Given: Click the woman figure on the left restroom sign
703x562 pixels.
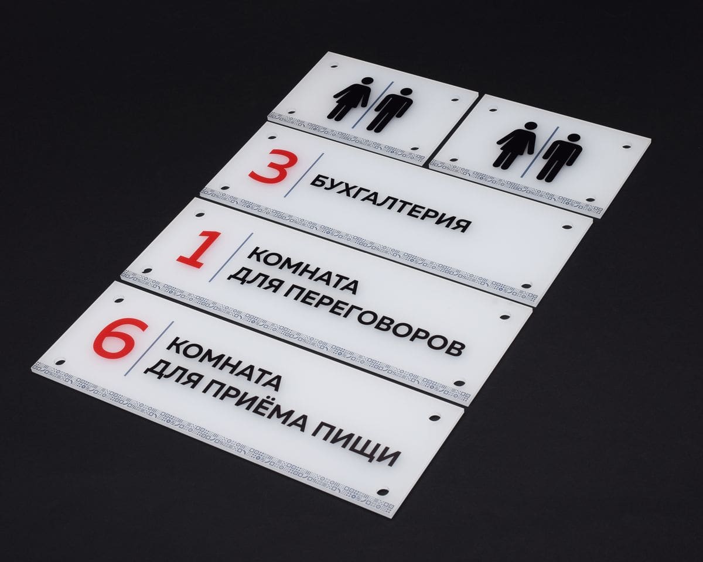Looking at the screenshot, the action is click(x=353, y=99).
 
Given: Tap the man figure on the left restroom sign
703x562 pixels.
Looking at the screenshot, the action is click(x=390, y=109).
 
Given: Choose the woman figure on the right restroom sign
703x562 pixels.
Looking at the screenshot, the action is click(x=516, y=146).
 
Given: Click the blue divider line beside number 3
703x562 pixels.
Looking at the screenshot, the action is click(x=304, y=175).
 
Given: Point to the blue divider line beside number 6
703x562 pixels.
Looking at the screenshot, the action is click(x=149, y=349).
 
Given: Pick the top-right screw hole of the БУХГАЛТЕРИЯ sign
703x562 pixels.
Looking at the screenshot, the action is click(x=566, y=226).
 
